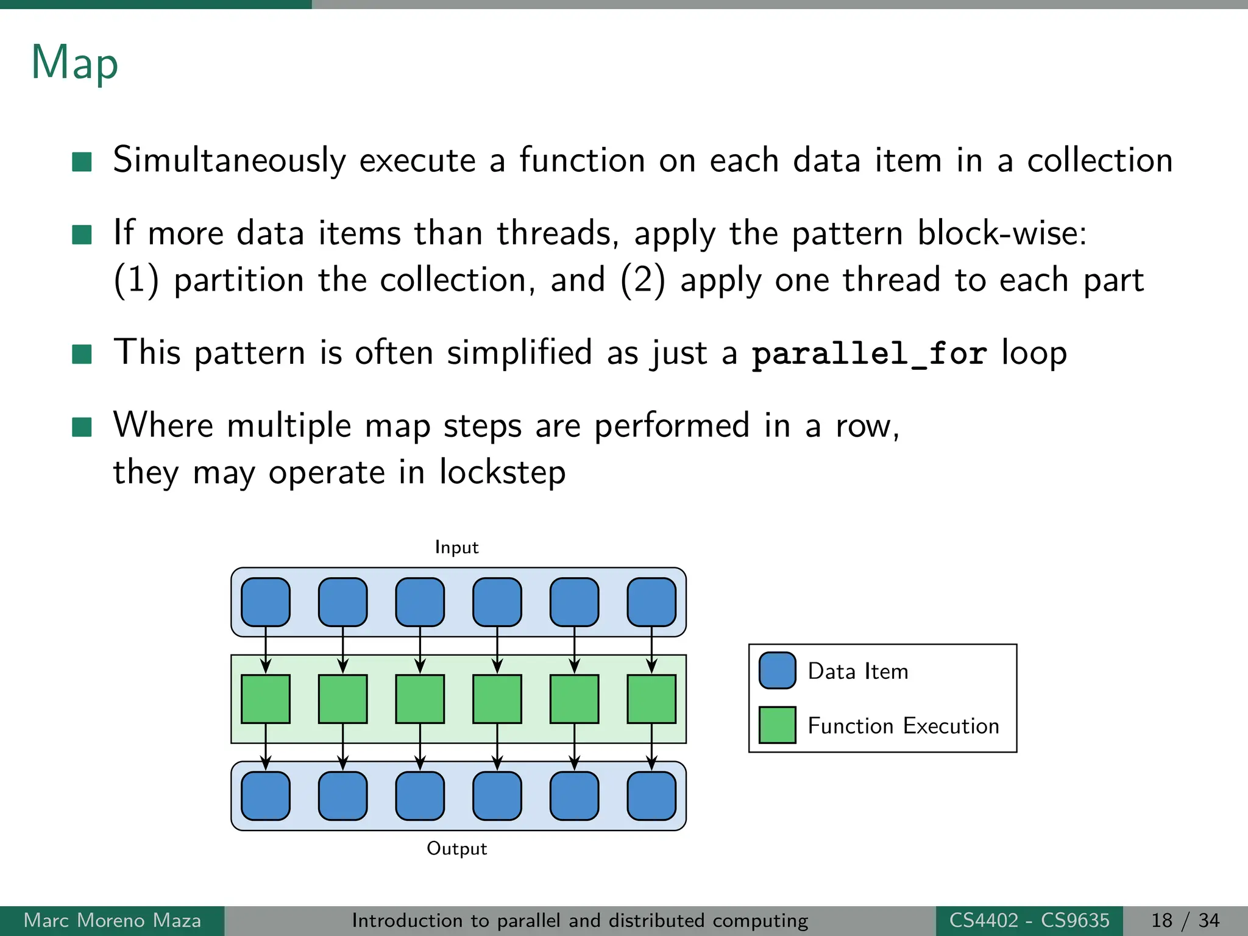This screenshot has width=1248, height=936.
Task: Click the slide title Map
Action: point(74,63)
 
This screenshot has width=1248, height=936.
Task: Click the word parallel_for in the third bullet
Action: point(868,353)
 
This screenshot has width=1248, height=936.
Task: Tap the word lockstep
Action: point(502,472)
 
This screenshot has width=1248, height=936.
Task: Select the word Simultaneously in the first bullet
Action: point(230,160)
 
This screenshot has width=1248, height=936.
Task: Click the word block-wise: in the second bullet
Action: point(1002,233)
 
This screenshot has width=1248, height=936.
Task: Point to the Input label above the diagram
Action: point(456,547)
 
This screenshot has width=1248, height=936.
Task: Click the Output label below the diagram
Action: point(456,848)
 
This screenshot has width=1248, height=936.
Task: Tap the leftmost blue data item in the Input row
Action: point(266,602)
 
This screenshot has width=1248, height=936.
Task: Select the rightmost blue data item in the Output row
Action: point(651,796)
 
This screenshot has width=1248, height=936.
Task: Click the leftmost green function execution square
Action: point(266,699)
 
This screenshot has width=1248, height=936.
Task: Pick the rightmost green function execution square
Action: point(651,699)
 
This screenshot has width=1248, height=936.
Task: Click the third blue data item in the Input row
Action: point(420,602)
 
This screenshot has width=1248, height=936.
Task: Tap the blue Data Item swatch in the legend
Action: point(777,670)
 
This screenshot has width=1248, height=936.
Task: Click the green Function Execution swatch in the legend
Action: point(777,725)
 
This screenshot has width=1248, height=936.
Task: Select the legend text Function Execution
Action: point(903,726)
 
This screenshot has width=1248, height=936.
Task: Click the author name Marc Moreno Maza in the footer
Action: point(112,920)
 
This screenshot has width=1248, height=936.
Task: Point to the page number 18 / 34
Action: point(1185,920)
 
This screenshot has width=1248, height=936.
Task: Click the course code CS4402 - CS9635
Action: point(1029,920)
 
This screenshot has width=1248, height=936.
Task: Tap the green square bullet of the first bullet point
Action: point(82,162)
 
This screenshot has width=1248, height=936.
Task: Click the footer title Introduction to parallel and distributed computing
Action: point(580,920)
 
